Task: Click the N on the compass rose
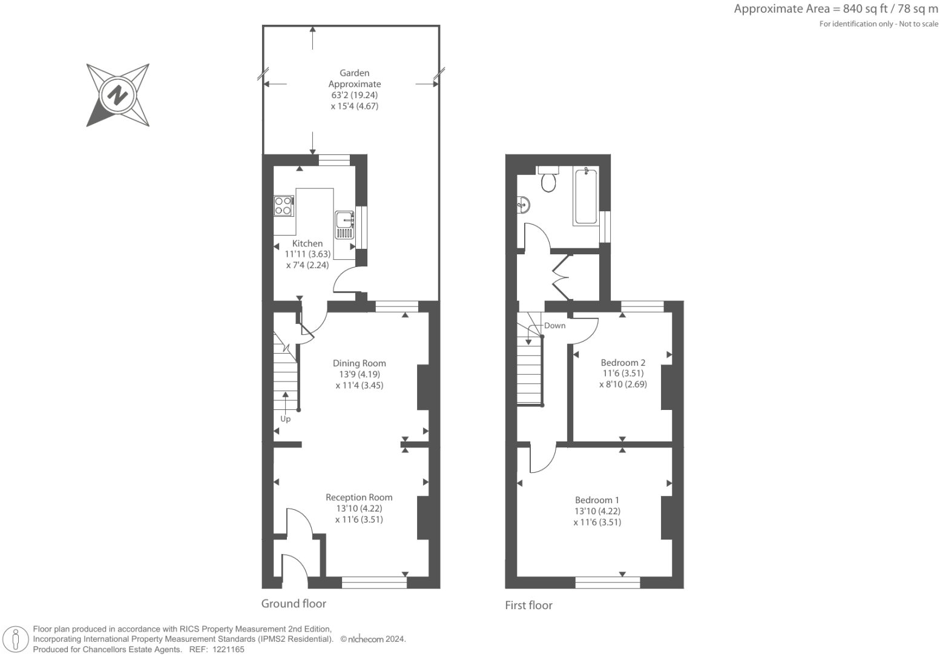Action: (117, 95)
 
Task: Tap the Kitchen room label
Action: (307, 243)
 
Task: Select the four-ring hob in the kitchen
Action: (283, 206)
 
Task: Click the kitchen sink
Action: (344, 225)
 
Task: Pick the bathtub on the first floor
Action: (585, 197)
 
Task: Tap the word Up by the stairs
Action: (285, 419)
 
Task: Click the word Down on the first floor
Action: (554, 326)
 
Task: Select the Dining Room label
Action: (359, 363)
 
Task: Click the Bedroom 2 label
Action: (623, 363)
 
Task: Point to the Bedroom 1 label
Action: (597, 500)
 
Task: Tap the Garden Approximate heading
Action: (355, 79)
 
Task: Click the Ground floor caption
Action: (294, 604)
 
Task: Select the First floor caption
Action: (528, 605)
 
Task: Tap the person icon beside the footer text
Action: (16, 639)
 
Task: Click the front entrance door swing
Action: (295, 569)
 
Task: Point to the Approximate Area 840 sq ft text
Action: (835, 9)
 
